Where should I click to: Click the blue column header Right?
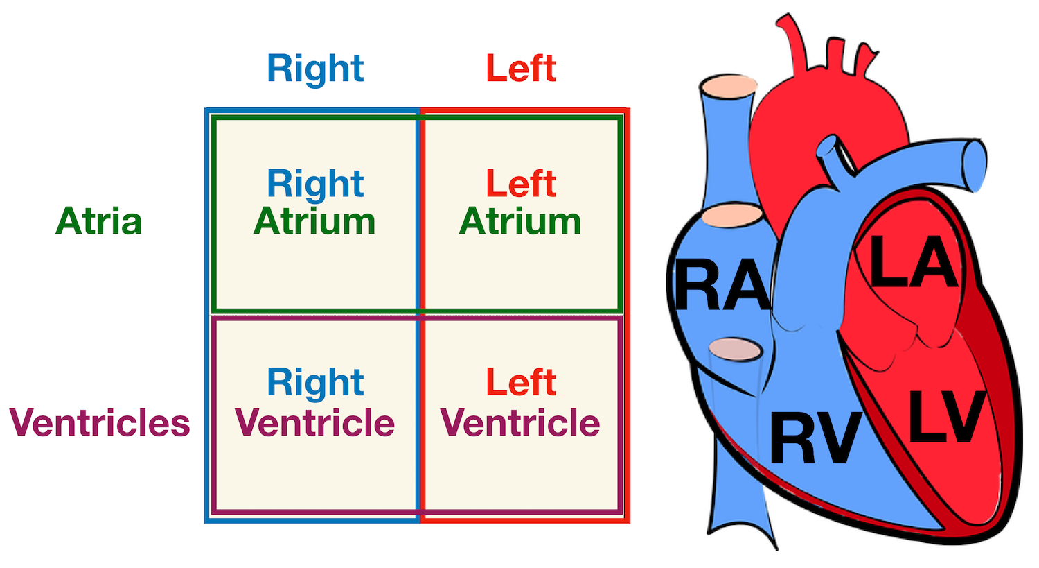315,69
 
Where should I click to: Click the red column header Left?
521,69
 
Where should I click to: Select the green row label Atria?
99,221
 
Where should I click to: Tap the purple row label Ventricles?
100,422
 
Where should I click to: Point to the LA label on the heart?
914,262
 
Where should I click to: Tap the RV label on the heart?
815,438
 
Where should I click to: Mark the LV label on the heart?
946,417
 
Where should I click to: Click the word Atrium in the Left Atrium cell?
521,222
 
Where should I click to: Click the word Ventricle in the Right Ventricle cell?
315,423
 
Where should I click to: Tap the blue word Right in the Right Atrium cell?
315,184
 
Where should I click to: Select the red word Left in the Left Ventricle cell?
521,382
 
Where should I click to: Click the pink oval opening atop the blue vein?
728,87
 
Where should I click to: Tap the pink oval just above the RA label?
731,215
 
